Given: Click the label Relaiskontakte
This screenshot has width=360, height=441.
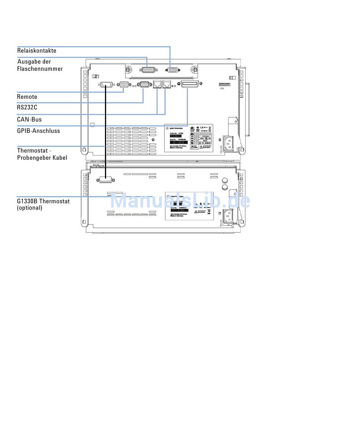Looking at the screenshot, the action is [x=36, y=51].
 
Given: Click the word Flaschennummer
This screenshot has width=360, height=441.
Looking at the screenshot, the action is [x=40, y=69].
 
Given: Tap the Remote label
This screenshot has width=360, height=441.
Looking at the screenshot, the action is [x=27, y=97].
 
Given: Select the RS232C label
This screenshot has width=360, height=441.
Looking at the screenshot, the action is [x=27, y=108].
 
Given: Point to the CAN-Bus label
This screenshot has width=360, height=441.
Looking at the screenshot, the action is [x=29, y=120].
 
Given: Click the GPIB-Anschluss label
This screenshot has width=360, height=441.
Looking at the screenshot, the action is [x=38, y=131].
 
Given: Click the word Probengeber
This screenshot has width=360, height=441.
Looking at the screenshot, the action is [x=34, y=158].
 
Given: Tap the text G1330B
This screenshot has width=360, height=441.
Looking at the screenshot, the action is [x=27, y=201].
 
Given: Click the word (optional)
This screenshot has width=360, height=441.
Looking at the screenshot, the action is [x=30, y=208].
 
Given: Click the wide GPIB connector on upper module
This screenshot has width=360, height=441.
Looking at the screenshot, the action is [x=190, y=84].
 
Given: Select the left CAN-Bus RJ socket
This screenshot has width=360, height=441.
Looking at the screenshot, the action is [x=157, y=84].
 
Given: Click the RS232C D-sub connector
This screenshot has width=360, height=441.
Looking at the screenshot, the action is [x=144, y=84].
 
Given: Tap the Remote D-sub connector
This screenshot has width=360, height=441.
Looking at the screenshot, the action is [x=124, y=84].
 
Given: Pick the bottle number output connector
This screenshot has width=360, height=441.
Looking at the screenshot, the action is [x=147, y=70].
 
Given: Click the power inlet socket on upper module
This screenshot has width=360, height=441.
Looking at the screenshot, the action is [x=229, y=143].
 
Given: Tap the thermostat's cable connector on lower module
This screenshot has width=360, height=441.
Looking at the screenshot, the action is [x=106, y=180].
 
